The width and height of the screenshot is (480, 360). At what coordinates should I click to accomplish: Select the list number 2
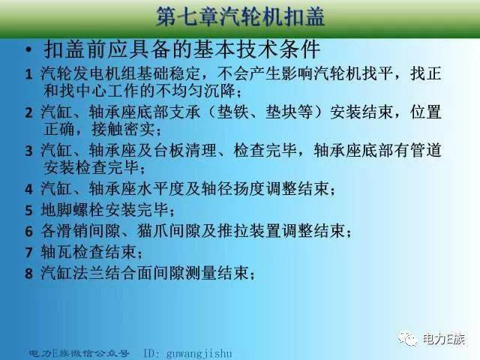click(x=28, y=113)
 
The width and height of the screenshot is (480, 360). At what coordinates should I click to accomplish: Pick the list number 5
click(x=28, y=208)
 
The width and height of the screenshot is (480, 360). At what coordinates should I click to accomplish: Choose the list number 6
click(x=28, y=230)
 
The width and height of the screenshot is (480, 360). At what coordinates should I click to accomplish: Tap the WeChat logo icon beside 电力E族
click(x=409, y=339)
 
